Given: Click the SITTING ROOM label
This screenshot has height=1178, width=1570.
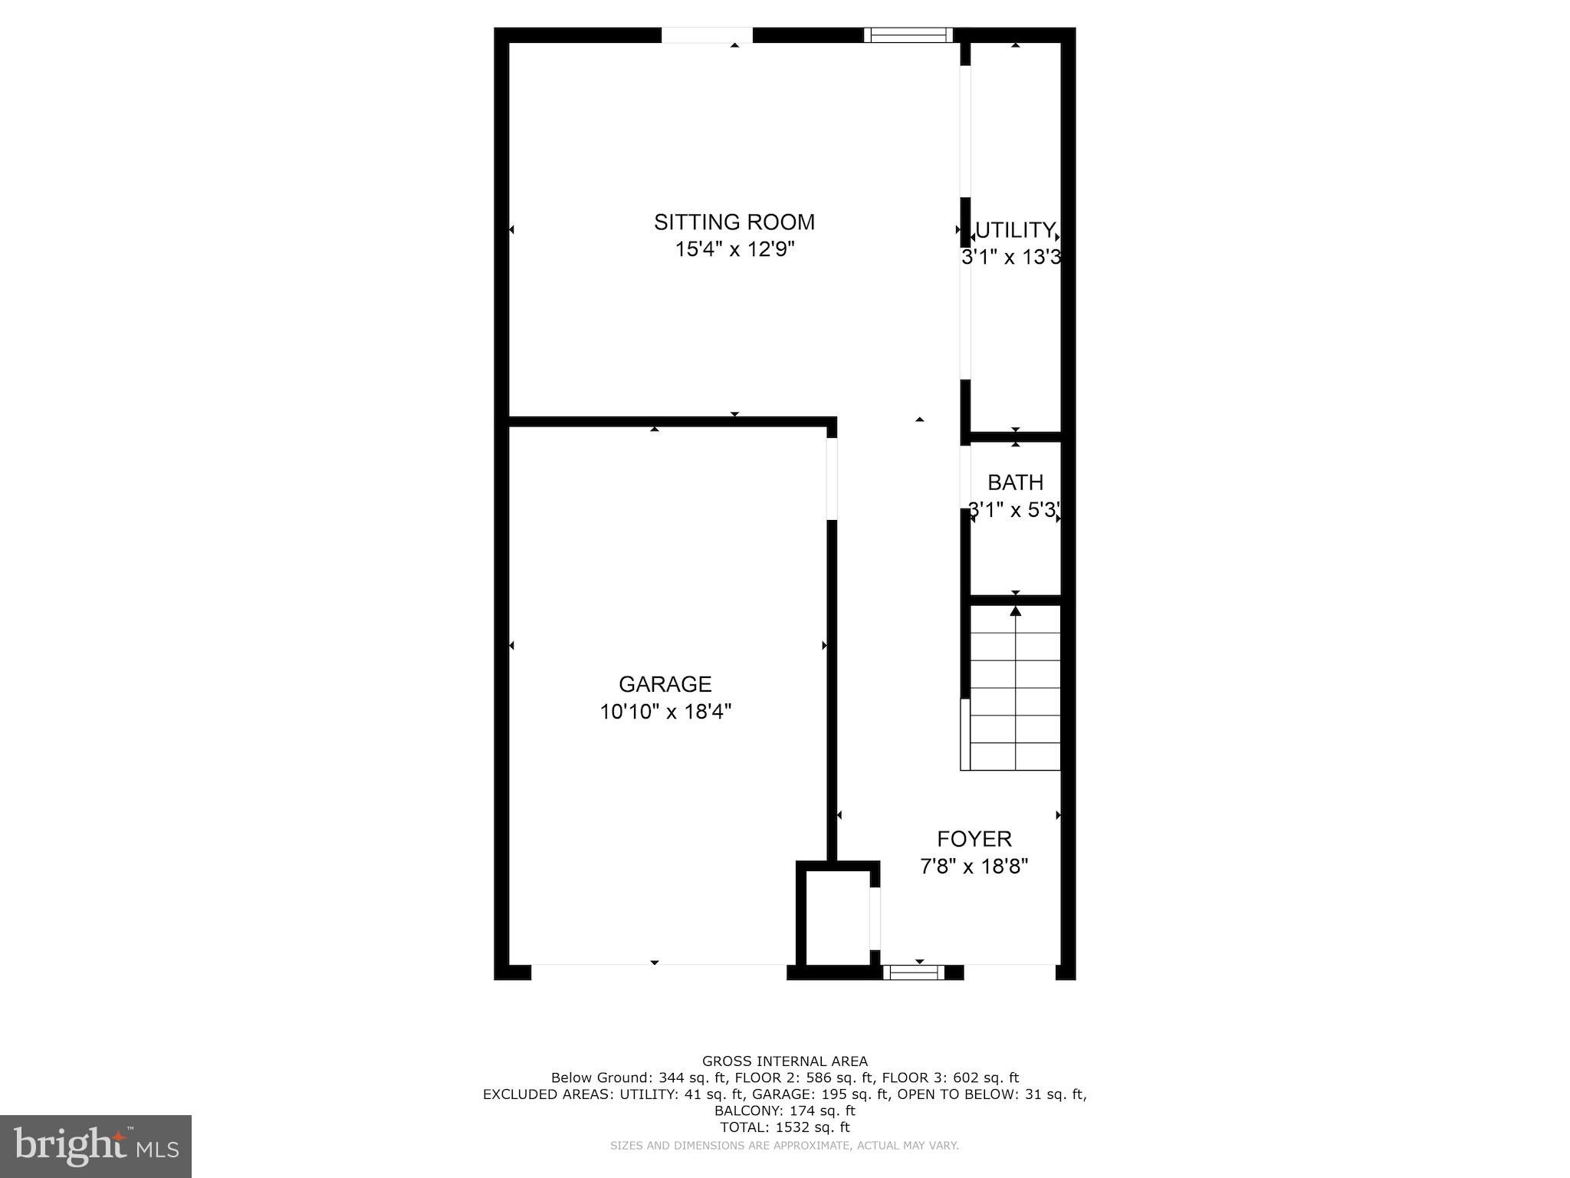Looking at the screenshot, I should pos(734,222).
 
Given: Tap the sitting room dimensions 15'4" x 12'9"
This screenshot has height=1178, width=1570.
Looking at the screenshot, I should pos(734,250).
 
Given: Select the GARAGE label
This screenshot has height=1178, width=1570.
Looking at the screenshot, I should pos(665,684).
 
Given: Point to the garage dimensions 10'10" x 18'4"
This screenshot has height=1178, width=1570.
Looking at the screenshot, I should pos(665,712).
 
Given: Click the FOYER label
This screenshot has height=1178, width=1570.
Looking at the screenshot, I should pos(974,839).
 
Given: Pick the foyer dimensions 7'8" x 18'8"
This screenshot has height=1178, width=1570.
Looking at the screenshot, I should pos(974,867).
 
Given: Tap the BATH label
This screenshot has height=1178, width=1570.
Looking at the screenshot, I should pos(1015,482).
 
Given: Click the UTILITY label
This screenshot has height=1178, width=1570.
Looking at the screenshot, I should pos(1015,230).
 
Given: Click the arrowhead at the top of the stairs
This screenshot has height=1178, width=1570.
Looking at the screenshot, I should pos(1016,611).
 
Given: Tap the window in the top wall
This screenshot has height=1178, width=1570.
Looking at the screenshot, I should pos(908,35).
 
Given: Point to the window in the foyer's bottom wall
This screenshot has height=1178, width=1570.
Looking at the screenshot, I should pos(913,972).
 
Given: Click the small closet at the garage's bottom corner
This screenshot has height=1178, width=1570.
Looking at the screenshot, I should pos(837,916).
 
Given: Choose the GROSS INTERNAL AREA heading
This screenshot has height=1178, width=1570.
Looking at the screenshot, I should pos(785,1061).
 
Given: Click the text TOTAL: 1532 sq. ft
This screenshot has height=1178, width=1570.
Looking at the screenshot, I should pos(785,1127).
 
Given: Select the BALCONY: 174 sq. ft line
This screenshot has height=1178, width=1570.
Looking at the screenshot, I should pos(785,1111).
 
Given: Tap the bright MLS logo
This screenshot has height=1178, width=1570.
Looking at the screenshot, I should pos(96,1146).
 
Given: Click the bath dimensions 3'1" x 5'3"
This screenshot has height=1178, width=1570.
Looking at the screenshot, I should pos(1015,510).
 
